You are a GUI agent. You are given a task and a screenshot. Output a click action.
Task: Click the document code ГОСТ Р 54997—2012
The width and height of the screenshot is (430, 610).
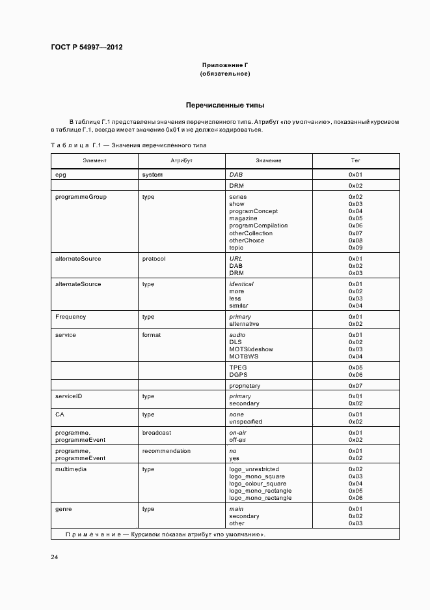[86, 47]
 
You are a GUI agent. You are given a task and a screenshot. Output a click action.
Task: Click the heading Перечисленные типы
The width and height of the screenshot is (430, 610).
[225, 105]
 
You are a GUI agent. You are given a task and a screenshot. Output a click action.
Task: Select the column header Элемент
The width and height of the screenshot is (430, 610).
[94, 160]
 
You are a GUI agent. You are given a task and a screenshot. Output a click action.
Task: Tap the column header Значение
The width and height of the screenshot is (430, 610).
[268, 160]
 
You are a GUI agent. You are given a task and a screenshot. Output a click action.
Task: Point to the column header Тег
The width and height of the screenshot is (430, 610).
[355, 160]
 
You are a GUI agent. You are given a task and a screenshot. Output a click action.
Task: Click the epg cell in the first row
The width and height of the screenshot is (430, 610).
[61, 175]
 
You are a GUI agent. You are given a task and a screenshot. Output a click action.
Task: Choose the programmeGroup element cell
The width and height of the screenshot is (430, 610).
[81, 197]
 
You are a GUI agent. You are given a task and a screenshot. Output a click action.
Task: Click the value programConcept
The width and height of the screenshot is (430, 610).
[254, 211]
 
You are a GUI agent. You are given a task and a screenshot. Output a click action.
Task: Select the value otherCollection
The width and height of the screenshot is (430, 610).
[251, 233]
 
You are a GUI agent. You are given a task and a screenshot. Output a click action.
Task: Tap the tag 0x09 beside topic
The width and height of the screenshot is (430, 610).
[355, 248]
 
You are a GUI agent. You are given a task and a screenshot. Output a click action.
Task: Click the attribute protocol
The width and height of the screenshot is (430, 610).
[154, 259]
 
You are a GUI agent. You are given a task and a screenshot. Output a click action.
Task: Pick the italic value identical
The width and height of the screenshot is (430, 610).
[241, 284]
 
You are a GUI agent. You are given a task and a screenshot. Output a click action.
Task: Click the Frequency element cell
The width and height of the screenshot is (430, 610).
[70, 317]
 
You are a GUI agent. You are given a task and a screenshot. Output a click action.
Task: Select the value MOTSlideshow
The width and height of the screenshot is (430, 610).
[251, 349]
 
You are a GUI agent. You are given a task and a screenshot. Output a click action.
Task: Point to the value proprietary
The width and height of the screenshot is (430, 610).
[245, 386]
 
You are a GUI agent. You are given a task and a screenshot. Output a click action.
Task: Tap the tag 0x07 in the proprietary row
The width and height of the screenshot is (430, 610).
[355, 386]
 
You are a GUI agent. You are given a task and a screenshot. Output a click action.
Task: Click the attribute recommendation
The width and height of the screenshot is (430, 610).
[166, 451]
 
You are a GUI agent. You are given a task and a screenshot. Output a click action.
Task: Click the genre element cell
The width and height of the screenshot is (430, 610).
[63, 508]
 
